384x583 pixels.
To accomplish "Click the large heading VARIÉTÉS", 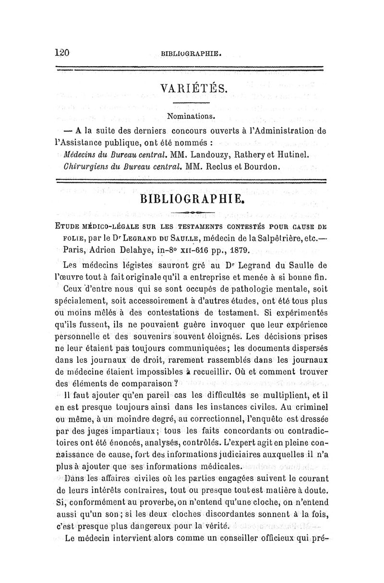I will click(191, 89).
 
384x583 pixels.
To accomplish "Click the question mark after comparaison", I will click(176, 385).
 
